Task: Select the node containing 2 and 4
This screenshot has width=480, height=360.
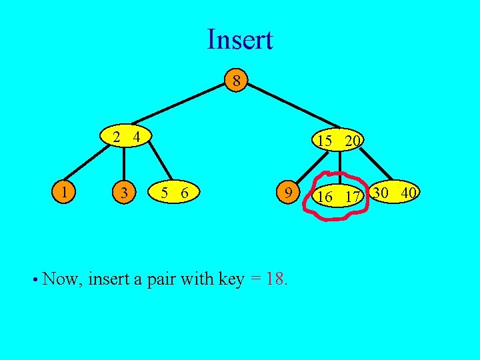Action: tap(126, 138)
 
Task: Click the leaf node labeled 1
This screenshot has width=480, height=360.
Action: tap(64, 193)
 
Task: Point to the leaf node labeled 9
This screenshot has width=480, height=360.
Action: tap(287, 193)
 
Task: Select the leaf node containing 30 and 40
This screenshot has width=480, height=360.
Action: tap(395, 193)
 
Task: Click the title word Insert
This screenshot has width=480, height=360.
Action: tap(239, 39)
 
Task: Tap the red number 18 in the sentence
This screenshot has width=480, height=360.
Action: tap(276, 279)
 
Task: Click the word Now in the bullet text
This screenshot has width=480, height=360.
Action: tap(59, 279)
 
